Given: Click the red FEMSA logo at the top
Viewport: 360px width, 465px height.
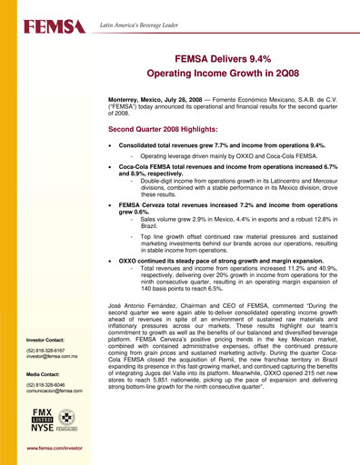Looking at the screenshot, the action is (x=44, y=30).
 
